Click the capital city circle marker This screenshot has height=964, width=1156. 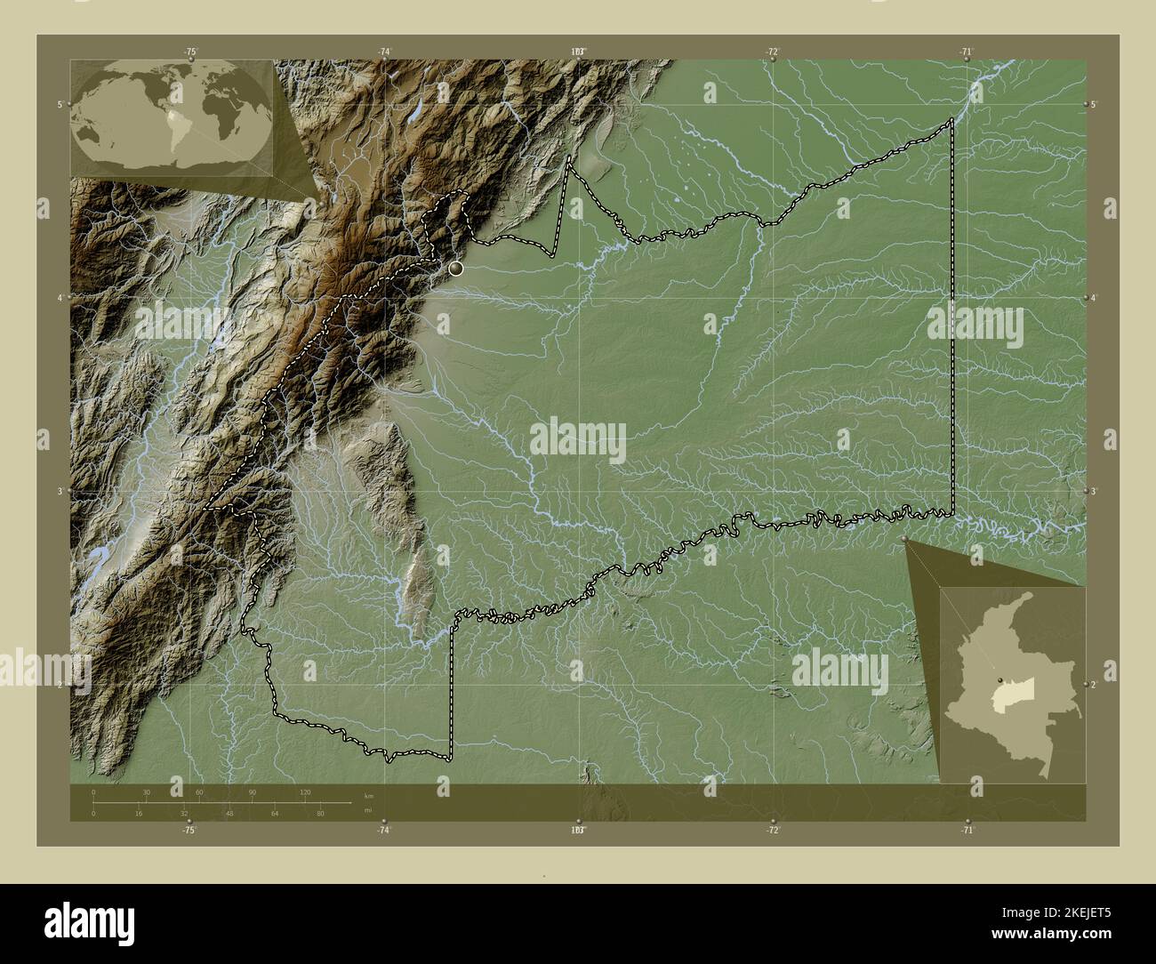pos(456,268)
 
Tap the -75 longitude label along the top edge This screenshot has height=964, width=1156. pos(189,52)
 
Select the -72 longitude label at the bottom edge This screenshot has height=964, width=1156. pos(773,830)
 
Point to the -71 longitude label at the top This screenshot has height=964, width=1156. pos(966,52)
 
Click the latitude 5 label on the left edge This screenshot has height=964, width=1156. pos(60,105)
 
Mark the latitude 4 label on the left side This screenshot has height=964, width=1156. pos(60,298)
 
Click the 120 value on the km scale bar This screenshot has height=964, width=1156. pos(305,791)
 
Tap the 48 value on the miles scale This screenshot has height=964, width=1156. pos(229,813)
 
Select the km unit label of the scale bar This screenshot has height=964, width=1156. pos(369,794)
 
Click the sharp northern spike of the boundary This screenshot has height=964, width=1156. pos(569,158)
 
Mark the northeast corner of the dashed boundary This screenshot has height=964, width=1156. pos(952,119)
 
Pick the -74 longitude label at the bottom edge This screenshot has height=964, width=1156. pos(383,830)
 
